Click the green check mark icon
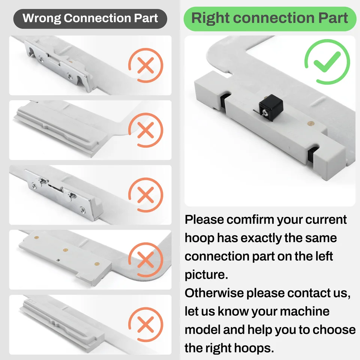point(327,61)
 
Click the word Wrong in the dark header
point(42,18)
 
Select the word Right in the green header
point(210,18)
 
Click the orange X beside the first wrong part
point(145,65)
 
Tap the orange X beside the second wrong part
point(145,130)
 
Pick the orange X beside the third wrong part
point(145,195)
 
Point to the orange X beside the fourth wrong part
point(145,259)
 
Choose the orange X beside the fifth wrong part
point(145,325)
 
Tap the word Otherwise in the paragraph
point(214,293)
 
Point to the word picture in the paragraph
point(206,275)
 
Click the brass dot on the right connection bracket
point(310,124)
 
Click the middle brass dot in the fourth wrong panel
point(65,250)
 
